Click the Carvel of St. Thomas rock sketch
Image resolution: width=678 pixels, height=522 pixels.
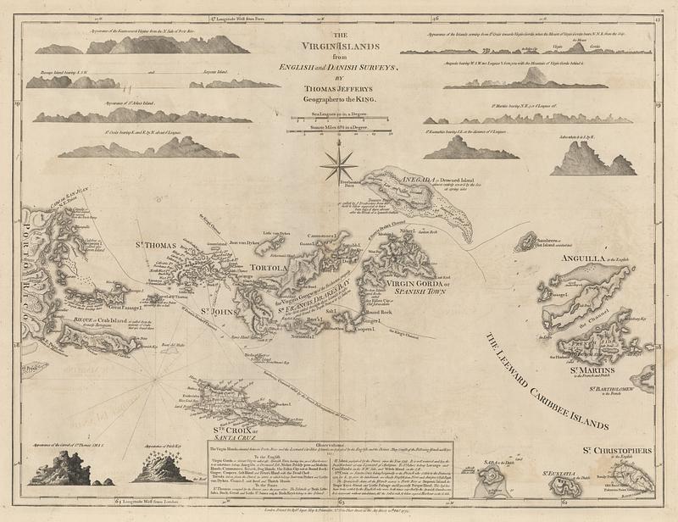tap(64, 469)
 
